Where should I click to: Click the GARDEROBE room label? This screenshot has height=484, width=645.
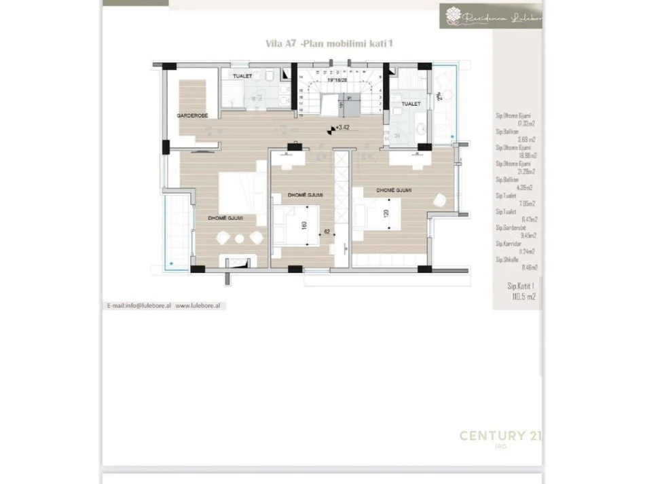tap(192, 116)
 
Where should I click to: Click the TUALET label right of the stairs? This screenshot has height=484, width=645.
tap(410, 104)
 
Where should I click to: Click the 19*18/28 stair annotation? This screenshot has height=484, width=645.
tap(338, 79)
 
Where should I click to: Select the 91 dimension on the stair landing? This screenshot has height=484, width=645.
tap(349, 98)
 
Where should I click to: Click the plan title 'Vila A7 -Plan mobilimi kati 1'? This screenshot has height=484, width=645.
tap(329, 43)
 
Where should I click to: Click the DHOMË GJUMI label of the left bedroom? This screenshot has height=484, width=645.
tap(226, 218)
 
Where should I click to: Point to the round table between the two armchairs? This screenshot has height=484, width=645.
tap(238, 238)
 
